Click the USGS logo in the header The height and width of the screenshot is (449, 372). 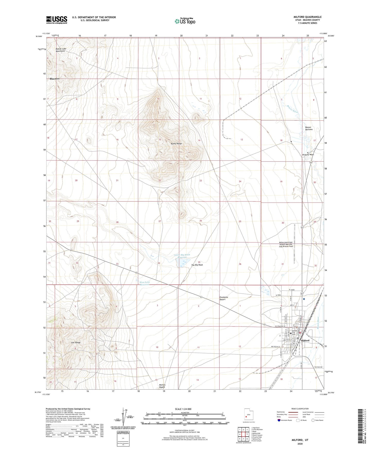[x=57, y=20]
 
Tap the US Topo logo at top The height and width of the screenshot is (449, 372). [x=185, y=21]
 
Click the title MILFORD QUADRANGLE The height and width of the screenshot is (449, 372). [x=307, y=17]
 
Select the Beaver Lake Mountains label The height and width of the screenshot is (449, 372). [x=60, y=50]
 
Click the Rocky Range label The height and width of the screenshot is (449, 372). [x=176, y=144]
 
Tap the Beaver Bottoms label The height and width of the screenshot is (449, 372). [x=309, y=128]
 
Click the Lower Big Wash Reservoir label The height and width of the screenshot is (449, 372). [x=182, y=256]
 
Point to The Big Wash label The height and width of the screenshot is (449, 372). [x=197, y=265]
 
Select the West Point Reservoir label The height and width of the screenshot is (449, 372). [x=144, y=283]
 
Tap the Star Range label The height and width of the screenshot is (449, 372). [x=76, y=343]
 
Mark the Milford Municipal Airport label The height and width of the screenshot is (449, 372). [x=286, y=244]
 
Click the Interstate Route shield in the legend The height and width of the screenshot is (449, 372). [x=279, y=420]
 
